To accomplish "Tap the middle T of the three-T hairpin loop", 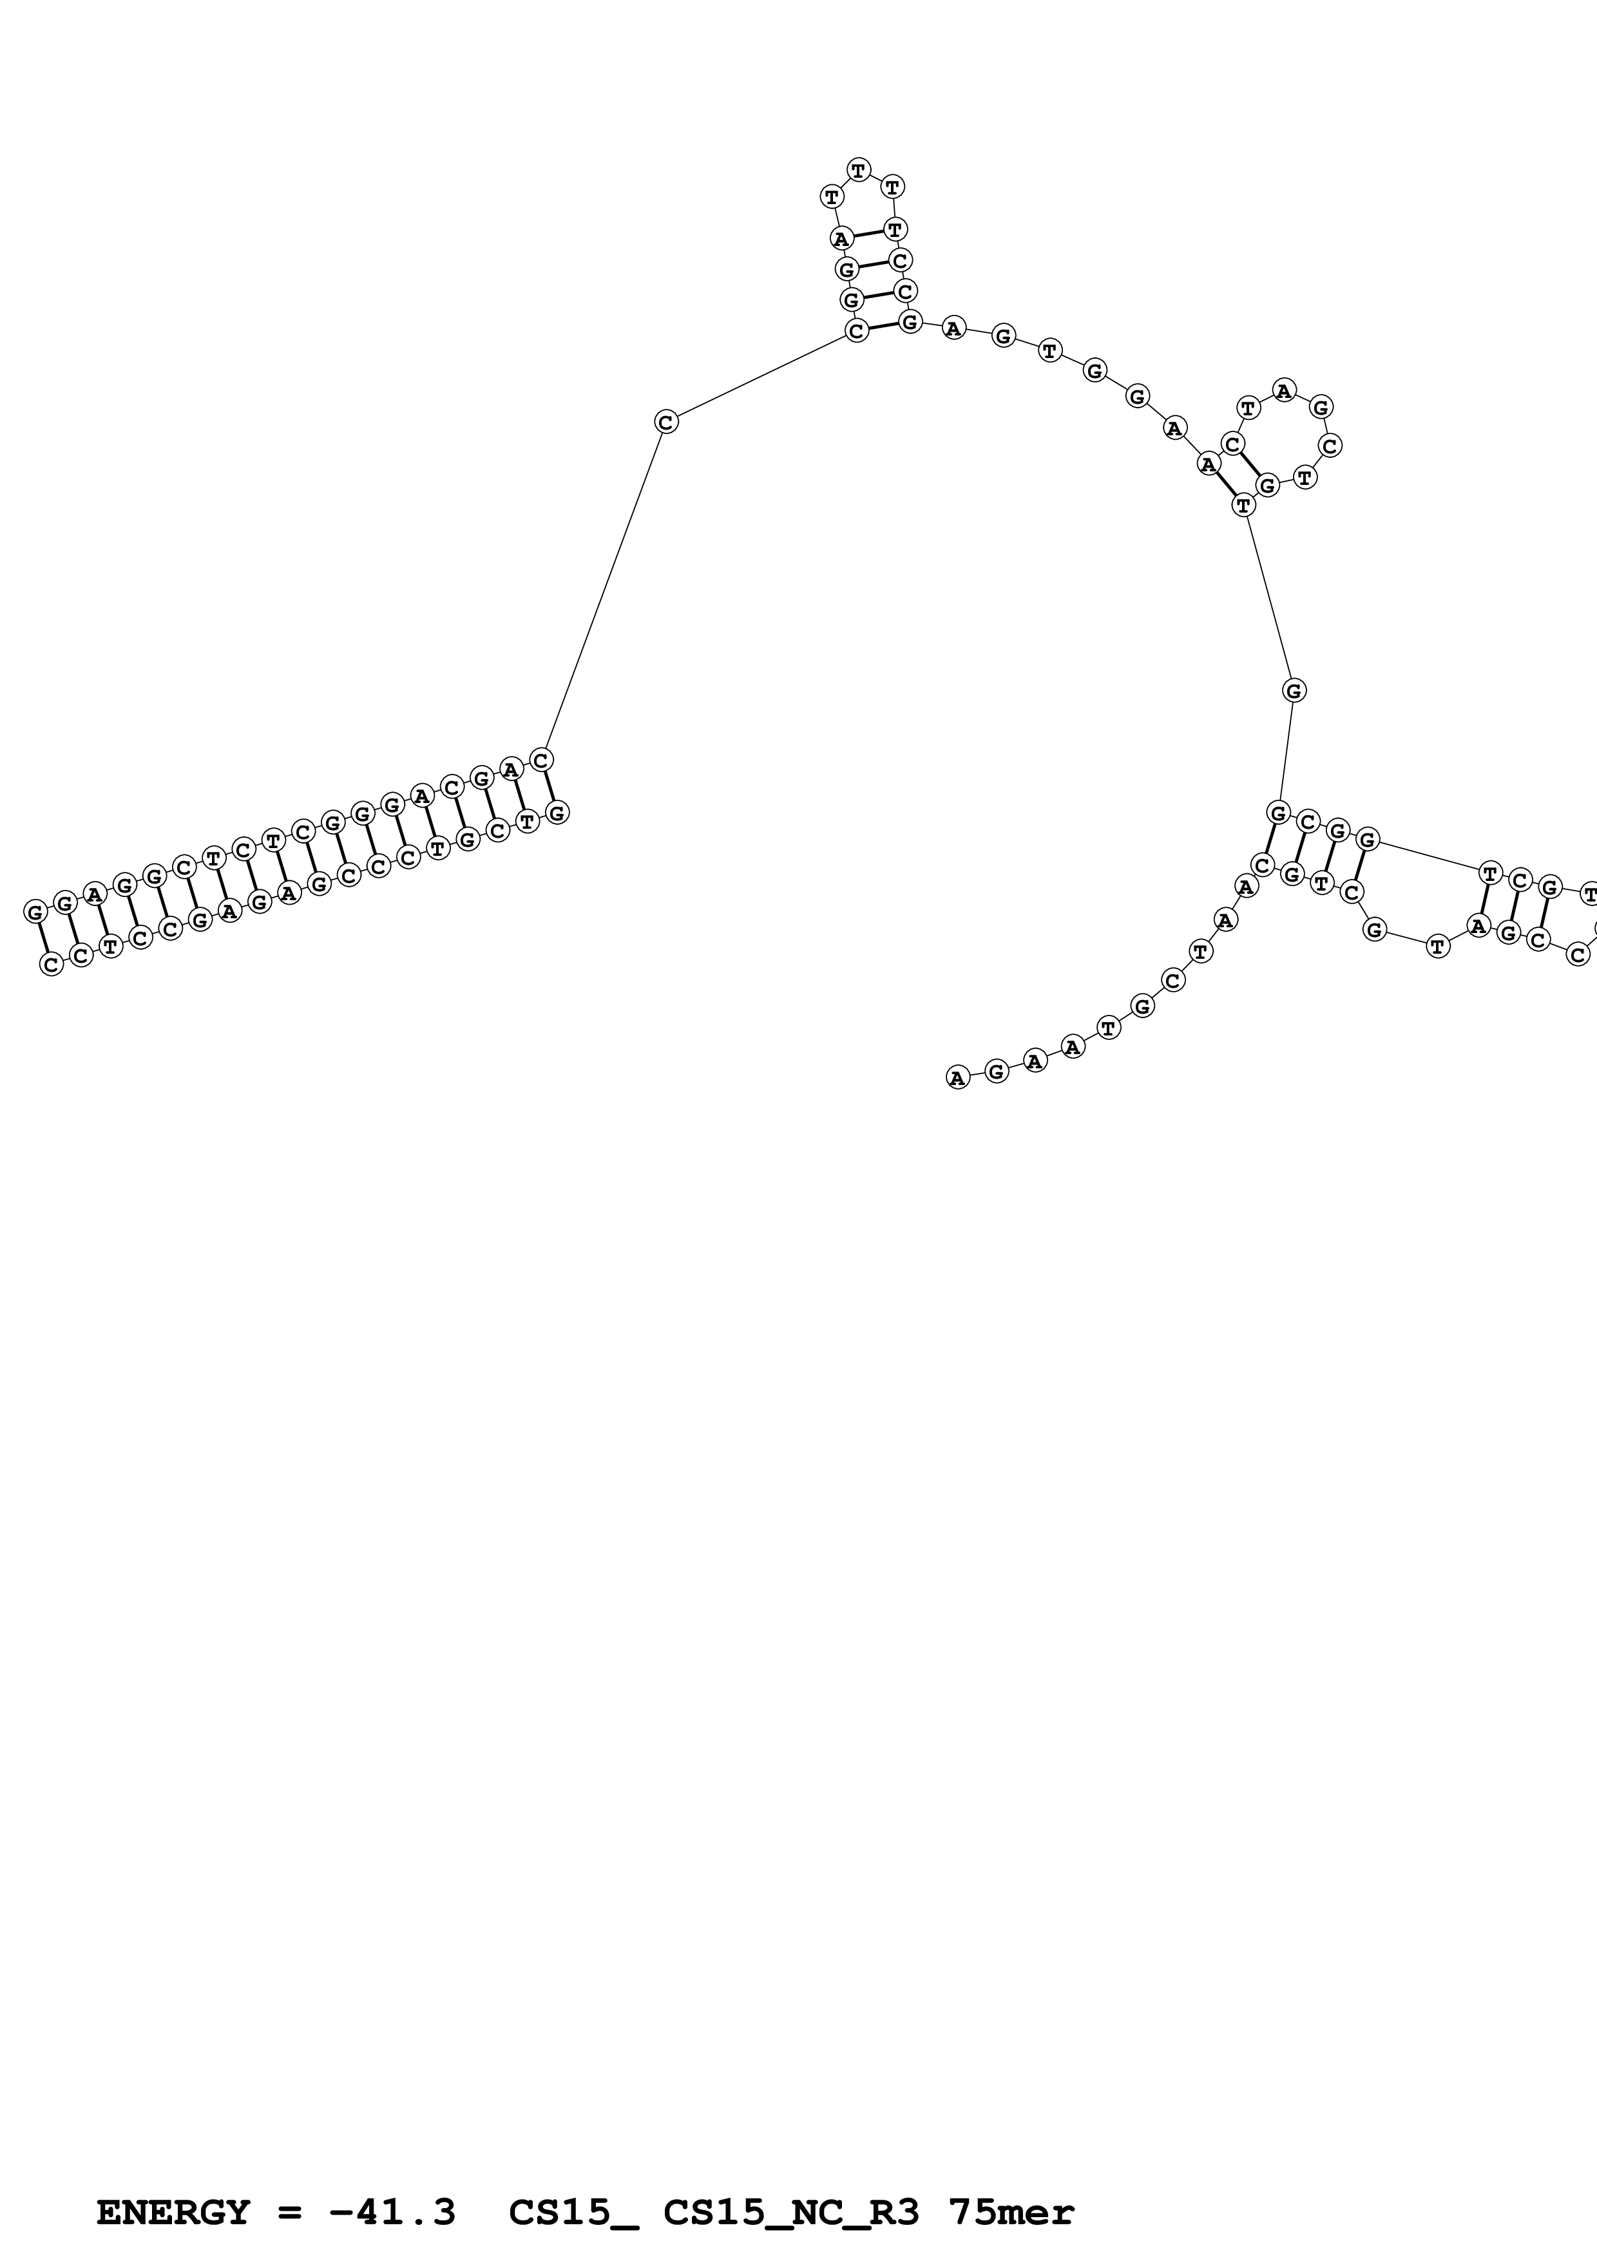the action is point(859,169).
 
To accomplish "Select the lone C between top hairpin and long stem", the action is point(666,422).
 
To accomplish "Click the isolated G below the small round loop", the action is point(1294,691).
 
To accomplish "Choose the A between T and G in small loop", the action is point(1284,391).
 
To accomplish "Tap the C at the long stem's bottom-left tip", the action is point(51,965).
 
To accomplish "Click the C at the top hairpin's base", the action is point(856,330).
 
